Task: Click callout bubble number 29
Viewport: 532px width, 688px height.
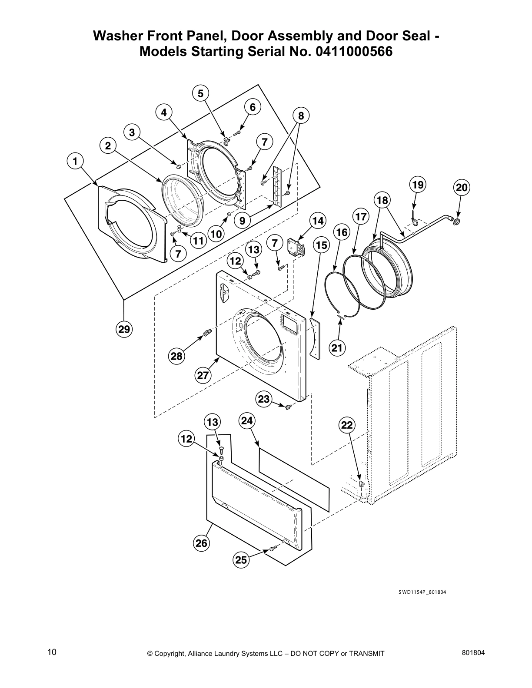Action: pyautogui.click(x=124, y=329)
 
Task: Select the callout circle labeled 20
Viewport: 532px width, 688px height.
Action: pyautogui.click(x=462, y=188)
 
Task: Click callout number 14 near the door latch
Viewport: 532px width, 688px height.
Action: pyautogui.click(x=318, y=221)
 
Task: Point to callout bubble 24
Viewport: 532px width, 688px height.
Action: pyautogui.click(x=246, y=420)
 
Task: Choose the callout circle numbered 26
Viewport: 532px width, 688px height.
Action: pyautogui.click(x=201, y=543)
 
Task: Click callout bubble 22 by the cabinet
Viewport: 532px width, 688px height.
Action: pyautogui.click(x=347, y=425)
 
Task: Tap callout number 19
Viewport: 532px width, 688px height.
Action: pyautogui.click(x=418, y=185)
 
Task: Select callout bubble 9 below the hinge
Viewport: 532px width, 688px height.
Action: pyautogui.click(x=242, y=221)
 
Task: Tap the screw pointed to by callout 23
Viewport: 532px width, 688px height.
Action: pyautogui.click(x=287, y=406)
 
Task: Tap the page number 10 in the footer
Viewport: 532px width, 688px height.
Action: pyautogui.click(x=52, y=652)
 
